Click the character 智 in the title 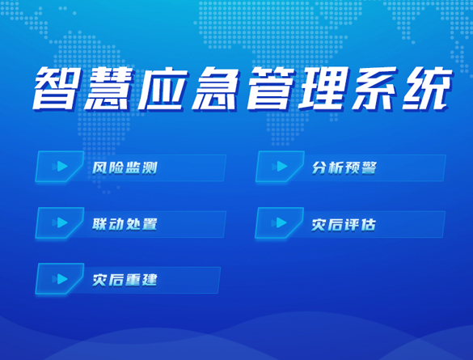(x=55, y=88)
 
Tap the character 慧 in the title (x=108, y=88)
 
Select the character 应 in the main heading (x=162, y=88)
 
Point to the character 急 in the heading (x=214, y=88)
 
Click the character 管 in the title (x=268, y=88)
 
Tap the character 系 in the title (x=374, y=88)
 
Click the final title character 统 (x=427, y=88)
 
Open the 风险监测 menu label (x=125, y=168)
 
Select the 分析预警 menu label (x=344, y=168)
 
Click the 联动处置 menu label (x=125, y=224)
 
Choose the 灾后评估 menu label (x=344, y=225)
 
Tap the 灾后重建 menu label (x=125, y=280)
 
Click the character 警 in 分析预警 (x=369, y=168)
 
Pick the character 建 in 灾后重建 (x=150, y=280)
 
